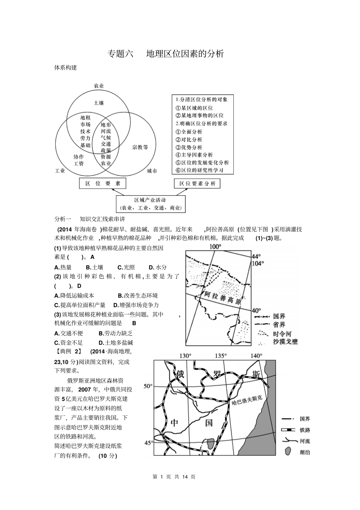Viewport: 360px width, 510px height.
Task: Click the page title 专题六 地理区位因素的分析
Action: pos(166,54)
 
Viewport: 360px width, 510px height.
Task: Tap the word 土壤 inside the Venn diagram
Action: pos(99,103)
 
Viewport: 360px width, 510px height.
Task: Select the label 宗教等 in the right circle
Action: pos(140,147)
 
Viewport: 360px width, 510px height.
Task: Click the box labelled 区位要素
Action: pos(103,184)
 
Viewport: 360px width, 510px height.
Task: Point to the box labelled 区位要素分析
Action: pos(197,184)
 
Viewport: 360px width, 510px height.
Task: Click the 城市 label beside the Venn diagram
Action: pos(152,171)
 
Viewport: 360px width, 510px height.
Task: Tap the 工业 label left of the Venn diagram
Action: pos(60,171)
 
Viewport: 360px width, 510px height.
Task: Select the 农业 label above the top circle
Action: pos(99,86)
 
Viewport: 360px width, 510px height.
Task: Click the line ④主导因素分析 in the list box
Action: pos(194,155)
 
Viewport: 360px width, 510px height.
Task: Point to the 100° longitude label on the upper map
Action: pos(215,246)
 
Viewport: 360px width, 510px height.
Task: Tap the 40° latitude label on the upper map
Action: pos(257,310)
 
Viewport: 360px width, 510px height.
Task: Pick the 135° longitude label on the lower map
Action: pos(221,356)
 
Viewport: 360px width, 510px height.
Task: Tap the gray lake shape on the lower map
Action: pos(210,444)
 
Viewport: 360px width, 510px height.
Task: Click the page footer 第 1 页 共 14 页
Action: pos(174,477)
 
